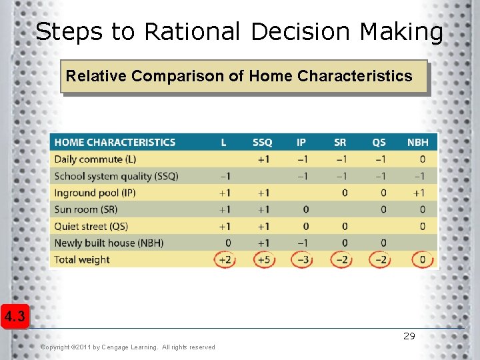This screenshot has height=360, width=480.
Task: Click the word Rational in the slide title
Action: click(x=192, y=31)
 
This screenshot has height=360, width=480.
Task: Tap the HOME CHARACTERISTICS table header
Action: click(x=115, y=142)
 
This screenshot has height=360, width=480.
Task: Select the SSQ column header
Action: click(x=262, y=142)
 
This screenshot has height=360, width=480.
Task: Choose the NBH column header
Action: click(x=417, y=142)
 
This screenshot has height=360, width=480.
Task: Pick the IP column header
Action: click(x=301, y=142)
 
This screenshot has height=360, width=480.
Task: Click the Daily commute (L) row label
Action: click(x=95, y=159)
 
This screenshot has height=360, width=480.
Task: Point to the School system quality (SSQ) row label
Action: click(x=116, y=176)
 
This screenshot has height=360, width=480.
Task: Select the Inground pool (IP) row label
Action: click(x=95, y=193)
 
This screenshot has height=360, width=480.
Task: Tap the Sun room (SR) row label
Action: click(x=85, y=209)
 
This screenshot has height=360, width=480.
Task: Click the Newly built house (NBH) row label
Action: click(x=109, y=243)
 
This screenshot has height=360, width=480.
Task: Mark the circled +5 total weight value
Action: click(x=264, y=259)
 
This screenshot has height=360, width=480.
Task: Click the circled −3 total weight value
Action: click(x=302, y=259)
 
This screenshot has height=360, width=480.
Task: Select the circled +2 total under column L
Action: click(x=225, y=259)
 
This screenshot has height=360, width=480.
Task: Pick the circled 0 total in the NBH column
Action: click(x=422, y=259)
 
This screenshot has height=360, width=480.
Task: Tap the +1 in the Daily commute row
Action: click(x=264, y=159)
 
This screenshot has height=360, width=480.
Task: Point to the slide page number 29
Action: click(x=409, y=336)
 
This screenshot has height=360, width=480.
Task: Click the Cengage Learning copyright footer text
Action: click(x=127, y=347)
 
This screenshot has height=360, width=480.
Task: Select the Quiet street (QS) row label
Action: click(x=91, y=226)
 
